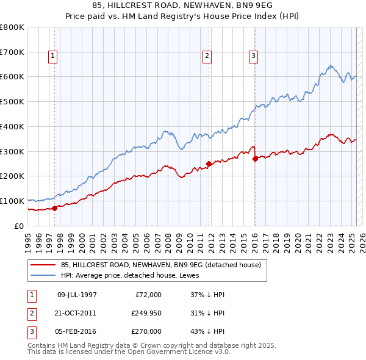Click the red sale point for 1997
click(x=55, y=207)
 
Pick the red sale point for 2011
click(x=209, y=164)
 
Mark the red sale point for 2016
click(x=254, y=159)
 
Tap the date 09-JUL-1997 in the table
click(x=77, y=295)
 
